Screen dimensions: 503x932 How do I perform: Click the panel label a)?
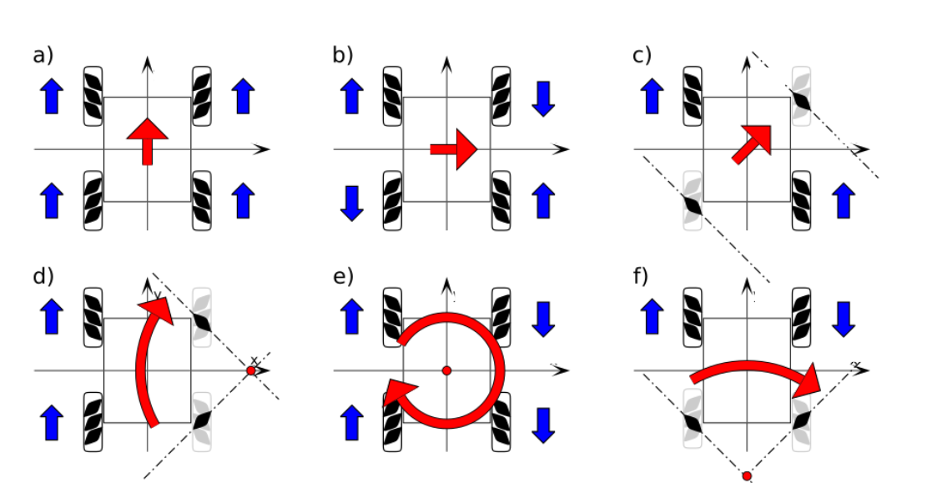click(x=43, y=56)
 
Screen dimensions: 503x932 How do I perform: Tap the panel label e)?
click(x=343, y=277)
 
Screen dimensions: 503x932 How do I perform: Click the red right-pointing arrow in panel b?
click(x=453, y=149)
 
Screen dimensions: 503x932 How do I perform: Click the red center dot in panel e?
click(x=446, y=370)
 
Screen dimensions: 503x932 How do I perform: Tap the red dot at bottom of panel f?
click(x=747, y=476)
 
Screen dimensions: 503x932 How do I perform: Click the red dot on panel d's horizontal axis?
click(x=251, y=370)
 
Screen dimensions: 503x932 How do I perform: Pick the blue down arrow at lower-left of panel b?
click(x=352, y=203)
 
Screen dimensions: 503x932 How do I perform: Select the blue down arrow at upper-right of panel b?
click(x=543, y=98)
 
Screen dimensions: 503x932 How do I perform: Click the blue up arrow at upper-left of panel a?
click(x=52, y=96)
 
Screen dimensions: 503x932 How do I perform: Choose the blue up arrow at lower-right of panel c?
click(x=843, y=201)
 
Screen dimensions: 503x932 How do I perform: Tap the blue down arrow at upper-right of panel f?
click(x=843, y=318)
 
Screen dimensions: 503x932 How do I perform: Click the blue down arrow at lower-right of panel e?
click(x=543, y=423)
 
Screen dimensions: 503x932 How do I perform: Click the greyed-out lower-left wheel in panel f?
click(x=693, y=422)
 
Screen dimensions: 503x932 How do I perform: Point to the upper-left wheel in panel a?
click(x=93, y=96)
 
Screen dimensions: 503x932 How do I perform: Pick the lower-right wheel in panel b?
click(x=501, y=200)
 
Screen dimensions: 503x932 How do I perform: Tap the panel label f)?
click(x=642, y=277)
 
